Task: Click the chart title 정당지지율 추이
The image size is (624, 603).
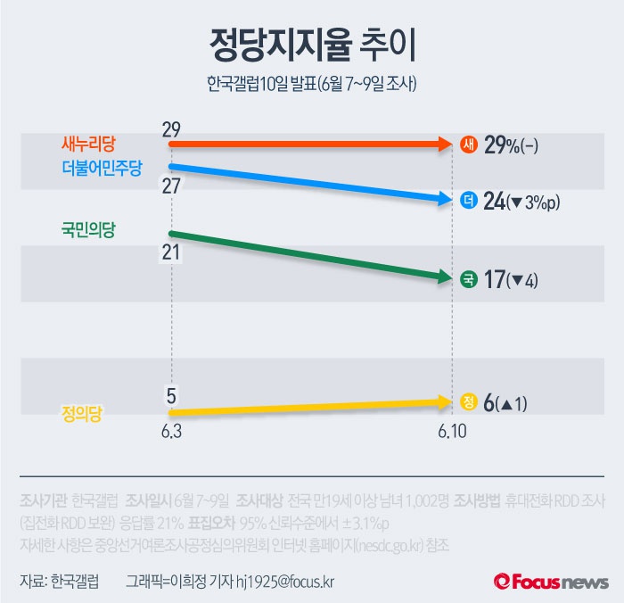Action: pyautogui.click(x=312, y=43)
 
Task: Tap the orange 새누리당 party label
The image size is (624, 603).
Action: pyautogui.click(x=89, y=143)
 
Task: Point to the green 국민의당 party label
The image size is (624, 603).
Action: pyautogui.click(x=88, y=229)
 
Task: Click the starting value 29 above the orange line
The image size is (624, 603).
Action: pyautogui.click(x=171, y=128)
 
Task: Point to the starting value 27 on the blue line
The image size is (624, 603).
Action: pyautogui.click(x=171, y=186)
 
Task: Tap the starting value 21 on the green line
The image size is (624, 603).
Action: pyautogui.click(x=171, y=252)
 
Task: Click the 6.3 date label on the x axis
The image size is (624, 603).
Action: pyautogui.click(x=171, y=431)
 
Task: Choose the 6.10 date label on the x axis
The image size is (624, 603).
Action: pyautogui.click(x=453, y=431)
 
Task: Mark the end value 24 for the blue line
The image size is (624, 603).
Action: pyautogui.click(x=494, y=202)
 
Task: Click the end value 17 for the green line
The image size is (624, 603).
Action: pyautogui.click(x=494, y=280)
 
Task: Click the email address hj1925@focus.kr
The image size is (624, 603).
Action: pyautogui.click(x=285, y=581)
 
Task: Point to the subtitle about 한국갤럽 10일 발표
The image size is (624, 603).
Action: pyautogui.click(x=312, y=86)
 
